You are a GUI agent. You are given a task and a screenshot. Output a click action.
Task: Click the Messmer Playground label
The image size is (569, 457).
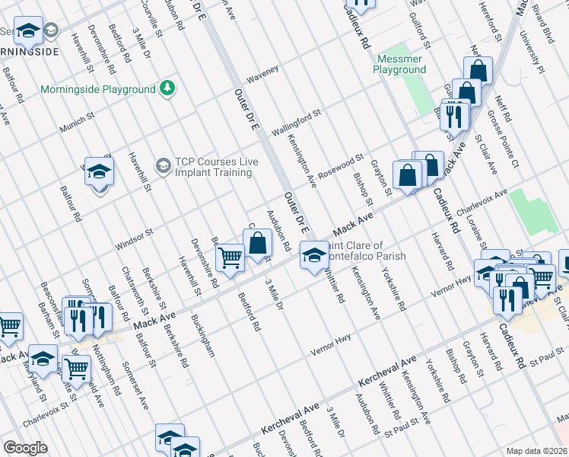399,63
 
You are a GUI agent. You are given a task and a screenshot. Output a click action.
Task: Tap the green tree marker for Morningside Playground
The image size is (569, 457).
167,89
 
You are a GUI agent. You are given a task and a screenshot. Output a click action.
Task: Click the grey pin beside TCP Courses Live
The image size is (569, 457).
163,165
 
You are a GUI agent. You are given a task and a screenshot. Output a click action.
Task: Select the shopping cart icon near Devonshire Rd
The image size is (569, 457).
230,259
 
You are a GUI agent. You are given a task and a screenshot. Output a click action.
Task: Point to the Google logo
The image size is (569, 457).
25,448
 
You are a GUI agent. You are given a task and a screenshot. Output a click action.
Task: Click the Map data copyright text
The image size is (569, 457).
537,451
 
